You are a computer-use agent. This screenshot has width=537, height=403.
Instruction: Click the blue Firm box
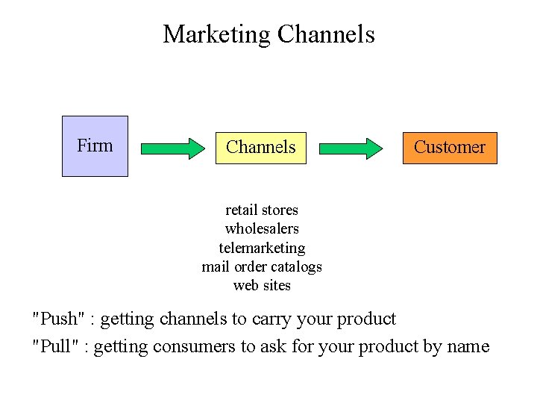click(x=95, y=146)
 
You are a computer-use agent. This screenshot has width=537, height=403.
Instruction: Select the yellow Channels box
click(x=260, y=147)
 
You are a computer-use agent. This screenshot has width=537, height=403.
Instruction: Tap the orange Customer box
click(x=449, y=147)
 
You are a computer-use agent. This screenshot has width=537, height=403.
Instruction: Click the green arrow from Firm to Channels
click(x=172, y=148)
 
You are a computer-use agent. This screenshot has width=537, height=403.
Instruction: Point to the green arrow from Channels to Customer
click(x=351, y=148)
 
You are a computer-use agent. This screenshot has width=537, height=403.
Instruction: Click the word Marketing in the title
click(x=216, y=34)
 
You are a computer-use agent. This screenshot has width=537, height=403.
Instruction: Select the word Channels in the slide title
click(x=325, y=34)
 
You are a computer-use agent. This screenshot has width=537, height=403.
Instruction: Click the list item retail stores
click(x=261, y=210)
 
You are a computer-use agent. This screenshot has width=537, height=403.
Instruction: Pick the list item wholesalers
click(x=261, y=228)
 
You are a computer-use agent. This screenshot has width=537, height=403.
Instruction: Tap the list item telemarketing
click(x=262, y=247)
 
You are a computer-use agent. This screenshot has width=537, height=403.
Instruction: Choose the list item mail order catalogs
click(x=262, y=266)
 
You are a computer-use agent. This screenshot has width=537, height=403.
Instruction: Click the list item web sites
click(x=262, y=285)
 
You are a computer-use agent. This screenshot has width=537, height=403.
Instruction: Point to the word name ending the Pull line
click(x=467, y=347)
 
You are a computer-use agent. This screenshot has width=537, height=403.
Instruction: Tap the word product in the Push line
click(x=366, y=320)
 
